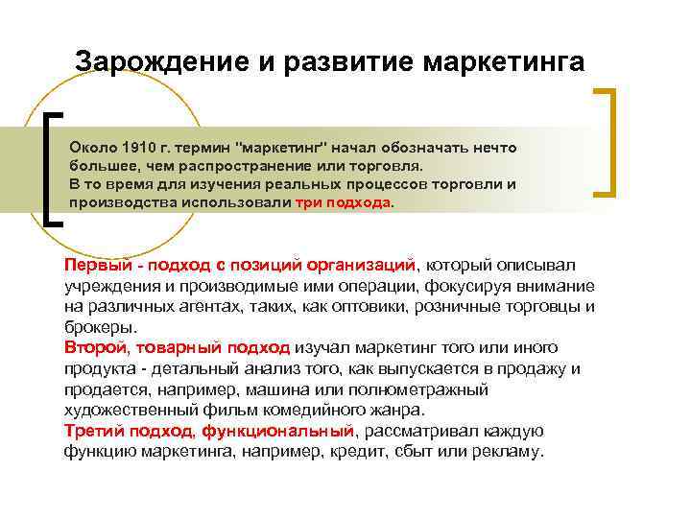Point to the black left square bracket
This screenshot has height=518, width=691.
[x=54, y=169]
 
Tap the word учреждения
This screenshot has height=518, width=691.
[x=112, y=286]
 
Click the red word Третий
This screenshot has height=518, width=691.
[x=93, y=431]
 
